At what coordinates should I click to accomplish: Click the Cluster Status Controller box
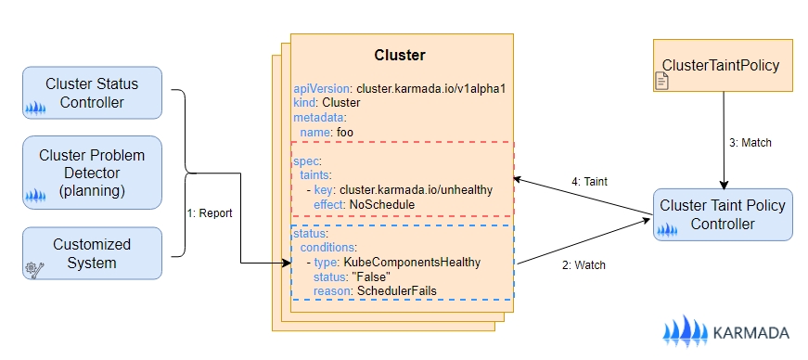click(92, 93)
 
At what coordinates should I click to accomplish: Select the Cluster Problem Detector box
click(92, 173)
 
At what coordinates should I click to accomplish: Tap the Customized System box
click(92, 253)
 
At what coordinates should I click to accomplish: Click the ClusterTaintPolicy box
click(723, 66)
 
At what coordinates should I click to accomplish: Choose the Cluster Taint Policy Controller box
click(723, 214)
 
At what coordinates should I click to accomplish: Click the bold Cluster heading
click(400, 55)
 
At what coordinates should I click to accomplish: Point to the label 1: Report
click(210, 213)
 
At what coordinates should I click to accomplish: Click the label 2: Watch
click(584, 265)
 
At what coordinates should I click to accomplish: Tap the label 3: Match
click(750, 143)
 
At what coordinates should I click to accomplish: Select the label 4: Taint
click(589, 182)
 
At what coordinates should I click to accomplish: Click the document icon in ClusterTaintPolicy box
click(661, 81)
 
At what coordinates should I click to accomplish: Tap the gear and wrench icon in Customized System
click(34, 269)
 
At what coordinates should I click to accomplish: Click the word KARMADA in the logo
click(750, 333)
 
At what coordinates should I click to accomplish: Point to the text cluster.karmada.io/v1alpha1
click(430, 88)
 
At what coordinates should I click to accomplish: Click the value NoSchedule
click(382, 205)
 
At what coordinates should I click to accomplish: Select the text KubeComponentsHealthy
click(412, 262)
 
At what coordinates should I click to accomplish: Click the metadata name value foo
click(345, 132)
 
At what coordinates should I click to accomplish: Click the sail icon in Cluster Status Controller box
click(35, 109)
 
